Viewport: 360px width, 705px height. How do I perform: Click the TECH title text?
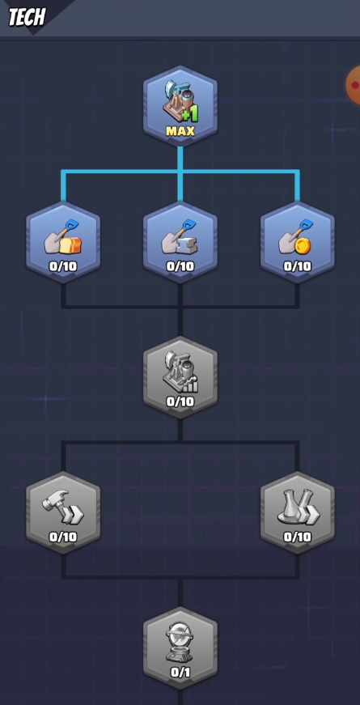tap(27, 17)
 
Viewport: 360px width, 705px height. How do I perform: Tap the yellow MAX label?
tap(180, 131)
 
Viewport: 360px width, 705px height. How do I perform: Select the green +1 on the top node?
tap(191, 114)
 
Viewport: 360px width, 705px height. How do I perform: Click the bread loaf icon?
tap(72, 245)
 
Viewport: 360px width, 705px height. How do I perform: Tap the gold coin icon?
tap(303, 245)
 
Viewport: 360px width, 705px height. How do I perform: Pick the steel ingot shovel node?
tap(180, 243)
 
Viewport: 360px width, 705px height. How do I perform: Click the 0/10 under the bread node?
tap(63, 266)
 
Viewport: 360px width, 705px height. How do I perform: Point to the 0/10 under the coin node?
tap(297, 266)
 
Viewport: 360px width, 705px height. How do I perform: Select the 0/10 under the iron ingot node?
tap(180, 266)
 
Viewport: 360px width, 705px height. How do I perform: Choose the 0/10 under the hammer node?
tap(63, 537)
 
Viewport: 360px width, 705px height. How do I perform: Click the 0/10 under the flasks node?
tap(297, 537)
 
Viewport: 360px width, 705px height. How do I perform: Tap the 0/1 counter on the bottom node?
tap(180, 672)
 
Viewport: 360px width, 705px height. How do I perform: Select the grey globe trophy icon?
tap(180, 642)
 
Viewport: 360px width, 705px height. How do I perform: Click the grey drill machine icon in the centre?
tap(180, 372)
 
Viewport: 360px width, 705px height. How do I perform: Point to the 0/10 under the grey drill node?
tap(180, 401)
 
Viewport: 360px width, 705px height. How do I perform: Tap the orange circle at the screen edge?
tap(354, 84)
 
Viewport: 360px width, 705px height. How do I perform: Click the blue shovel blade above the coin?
tap(307, 226)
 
